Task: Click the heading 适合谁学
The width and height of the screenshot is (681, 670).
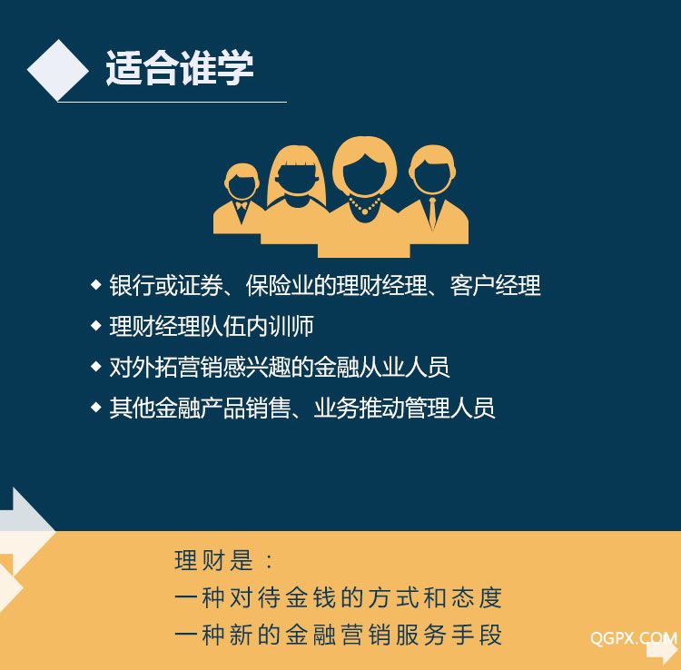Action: pyautogui.click(x=180, y=67)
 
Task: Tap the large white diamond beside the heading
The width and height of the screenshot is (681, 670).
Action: pyautogui.click(x=58, y=70)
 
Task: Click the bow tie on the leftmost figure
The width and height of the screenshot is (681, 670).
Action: pyautogui.click(x=241, y=205)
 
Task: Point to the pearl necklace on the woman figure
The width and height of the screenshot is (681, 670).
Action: pyautogui.click(x=365, y=205)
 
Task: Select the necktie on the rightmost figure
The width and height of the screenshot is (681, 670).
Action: pyautogui.click(x=432, y=212)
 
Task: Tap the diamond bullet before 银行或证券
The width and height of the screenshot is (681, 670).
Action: pyautogui.click(x=96, y=285)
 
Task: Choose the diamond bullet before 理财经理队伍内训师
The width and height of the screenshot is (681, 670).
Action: pyautogui.click(x=96, y=326)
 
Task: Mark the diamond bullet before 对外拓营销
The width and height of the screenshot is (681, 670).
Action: pyautogui.click(x=96, y=367)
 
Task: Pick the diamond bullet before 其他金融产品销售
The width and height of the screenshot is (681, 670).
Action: pyautogui.click(x=96, y=408)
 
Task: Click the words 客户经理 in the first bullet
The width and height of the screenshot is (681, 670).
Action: pyautogui.click(x=495, y=285)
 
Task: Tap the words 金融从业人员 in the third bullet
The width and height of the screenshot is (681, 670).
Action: pyautogui.click(x=381, y=367)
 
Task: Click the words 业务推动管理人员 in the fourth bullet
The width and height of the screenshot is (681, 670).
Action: pyautogui.click(x=404, y=408)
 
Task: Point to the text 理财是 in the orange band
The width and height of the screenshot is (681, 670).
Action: pyautogui.click(x=213, y=560)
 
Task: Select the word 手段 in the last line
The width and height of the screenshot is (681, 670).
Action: pyautogui.click(x=477, y=635)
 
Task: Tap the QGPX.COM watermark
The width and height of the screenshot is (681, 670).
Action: pyautogui.click(x=633, y=638)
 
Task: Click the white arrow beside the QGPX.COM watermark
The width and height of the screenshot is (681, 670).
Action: pyautogui.click(x=662, y=651)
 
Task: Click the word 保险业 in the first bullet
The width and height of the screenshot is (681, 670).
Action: pyautogui.click(x=280, y=285)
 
